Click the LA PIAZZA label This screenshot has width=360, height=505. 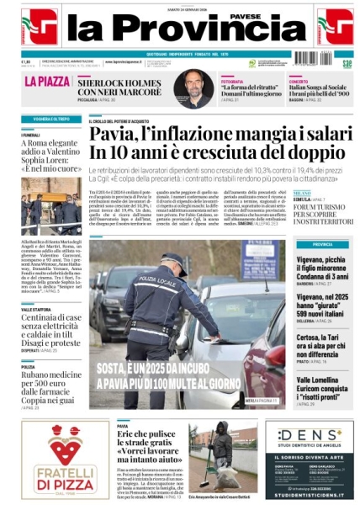(x=47, y=82)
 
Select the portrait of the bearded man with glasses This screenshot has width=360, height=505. (x=193, y=88)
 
